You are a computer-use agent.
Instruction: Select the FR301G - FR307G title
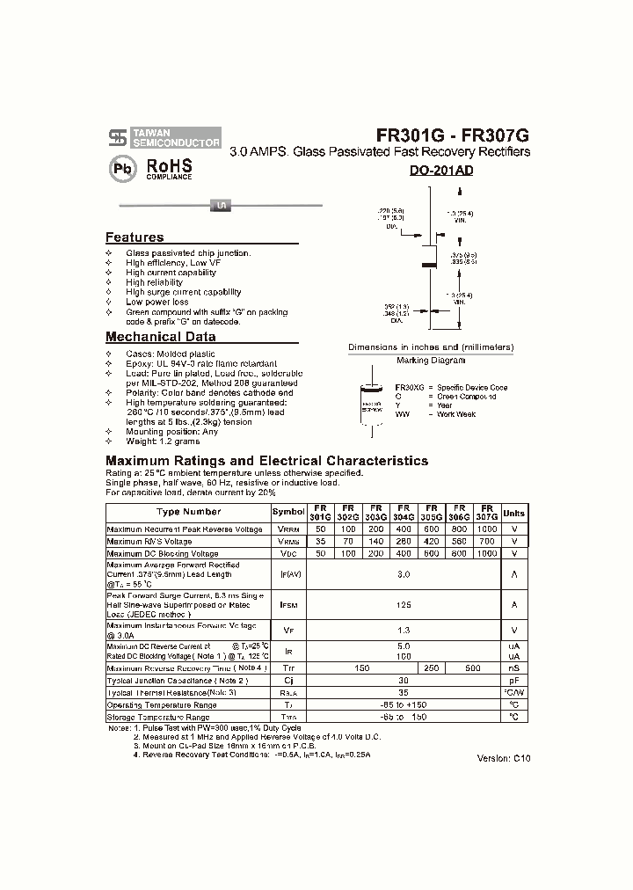(452, 135)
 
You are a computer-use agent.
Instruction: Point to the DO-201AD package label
(440, 171)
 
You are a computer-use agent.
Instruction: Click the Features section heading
(135, 237)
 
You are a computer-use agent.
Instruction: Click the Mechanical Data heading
(160, 337)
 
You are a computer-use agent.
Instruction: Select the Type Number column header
(188, 512)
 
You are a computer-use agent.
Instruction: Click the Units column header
(513, 513)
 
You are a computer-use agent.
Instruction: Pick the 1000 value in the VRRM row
(486, 529)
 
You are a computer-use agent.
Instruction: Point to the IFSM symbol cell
(287, 605)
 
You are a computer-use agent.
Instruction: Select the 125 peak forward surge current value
(404, 605)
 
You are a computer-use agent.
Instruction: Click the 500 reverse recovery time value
(472, 668)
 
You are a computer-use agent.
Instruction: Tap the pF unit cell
(513, 681)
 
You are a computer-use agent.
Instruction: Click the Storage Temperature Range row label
(158, 718)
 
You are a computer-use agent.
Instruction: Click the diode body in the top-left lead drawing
(221, 206)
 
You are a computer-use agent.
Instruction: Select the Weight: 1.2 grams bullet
(163, 441)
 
